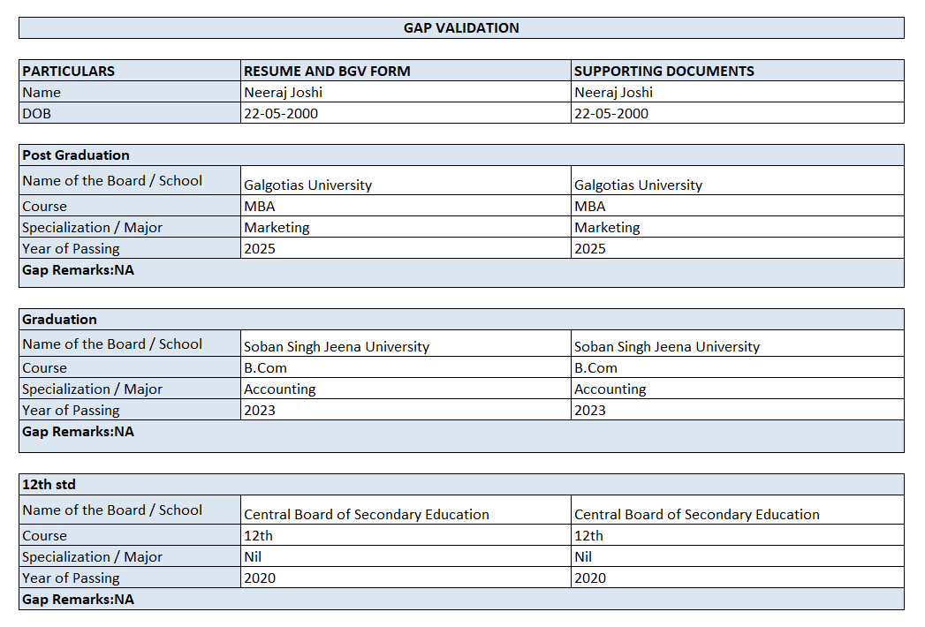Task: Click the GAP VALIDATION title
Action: [x=461, y=28]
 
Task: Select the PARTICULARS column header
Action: [x=69, y=72]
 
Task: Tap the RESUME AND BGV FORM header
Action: [x=327, y=72]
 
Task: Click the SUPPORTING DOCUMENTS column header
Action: [x=664, y=72]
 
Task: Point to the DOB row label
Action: [x=38, y=114]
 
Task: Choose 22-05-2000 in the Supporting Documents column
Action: [x=611, y=114]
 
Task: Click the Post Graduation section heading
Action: [x=76, y=155]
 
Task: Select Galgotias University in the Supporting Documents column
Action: [x=638, y=185]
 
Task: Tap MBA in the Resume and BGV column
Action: [x=260, y=207]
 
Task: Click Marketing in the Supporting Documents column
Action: [x=607, y=228]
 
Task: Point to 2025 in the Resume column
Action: [x=260, y=249]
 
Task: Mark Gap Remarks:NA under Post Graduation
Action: [x=79, y=270]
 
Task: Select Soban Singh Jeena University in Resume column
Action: [x=337, y=347]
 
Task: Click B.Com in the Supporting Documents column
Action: [x=595, y=368]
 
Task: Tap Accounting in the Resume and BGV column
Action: [x=280, y=389]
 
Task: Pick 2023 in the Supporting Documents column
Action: [x=590, y=411]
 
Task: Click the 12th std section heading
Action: [x=49, y=485]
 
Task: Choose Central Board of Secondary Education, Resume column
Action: [x=367, y=515]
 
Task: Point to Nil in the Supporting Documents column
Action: [x=583, y=557]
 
